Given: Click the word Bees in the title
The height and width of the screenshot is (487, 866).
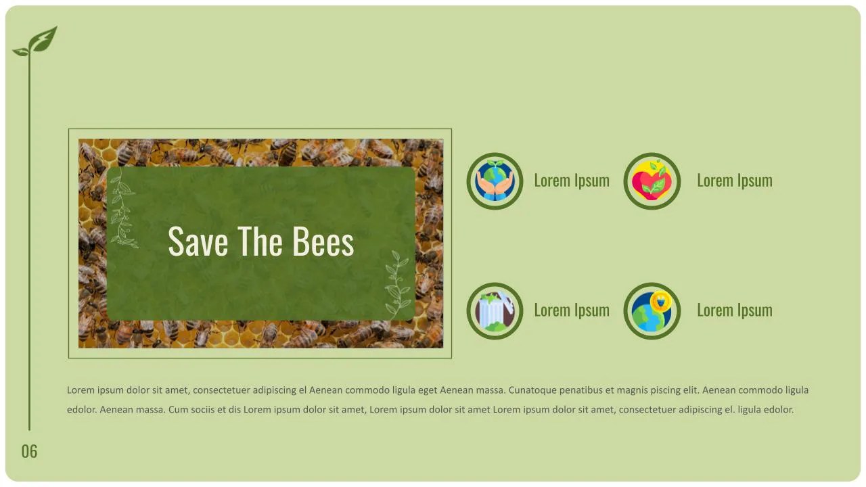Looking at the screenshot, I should tap(323, 241).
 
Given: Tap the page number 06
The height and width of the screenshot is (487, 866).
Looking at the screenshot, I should tap(29, 451).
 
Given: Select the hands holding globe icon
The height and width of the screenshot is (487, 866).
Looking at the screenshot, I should tap(495, 181).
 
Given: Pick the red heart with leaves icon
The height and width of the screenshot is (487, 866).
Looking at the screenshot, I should tap(652, 181).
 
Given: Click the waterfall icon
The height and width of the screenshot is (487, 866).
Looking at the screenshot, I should tap(495, 310).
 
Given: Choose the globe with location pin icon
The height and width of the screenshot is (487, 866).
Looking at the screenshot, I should tap(652, 310).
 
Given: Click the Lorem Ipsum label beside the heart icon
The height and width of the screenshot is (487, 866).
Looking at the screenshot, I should tap(734, 181).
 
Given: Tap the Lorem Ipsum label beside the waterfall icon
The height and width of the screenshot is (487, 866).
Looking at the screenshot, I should tap(572, 310).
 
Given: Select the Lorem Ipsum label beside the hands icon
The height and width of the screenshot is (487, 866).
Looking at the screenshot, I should tap(572, 181).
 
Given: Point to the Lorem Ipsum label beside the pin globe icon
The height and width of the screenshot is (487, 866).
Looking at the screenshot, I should tap(734, 310).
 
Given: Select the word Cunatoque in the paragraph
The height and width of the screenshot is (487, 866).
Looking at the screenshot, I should tap(532, 390).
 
